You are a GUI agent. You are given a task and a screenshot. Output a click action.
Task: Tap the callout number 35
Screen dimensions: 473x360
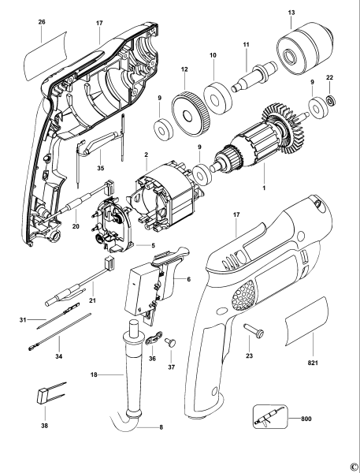tap(99, 168)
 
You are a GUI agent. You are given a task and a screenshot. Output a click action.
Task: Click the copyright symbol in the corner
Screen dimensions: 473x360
tap(354, 467)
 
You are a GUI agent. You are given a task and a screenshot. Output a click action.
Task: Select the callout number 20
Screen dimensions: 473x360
tap(76, 225)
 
